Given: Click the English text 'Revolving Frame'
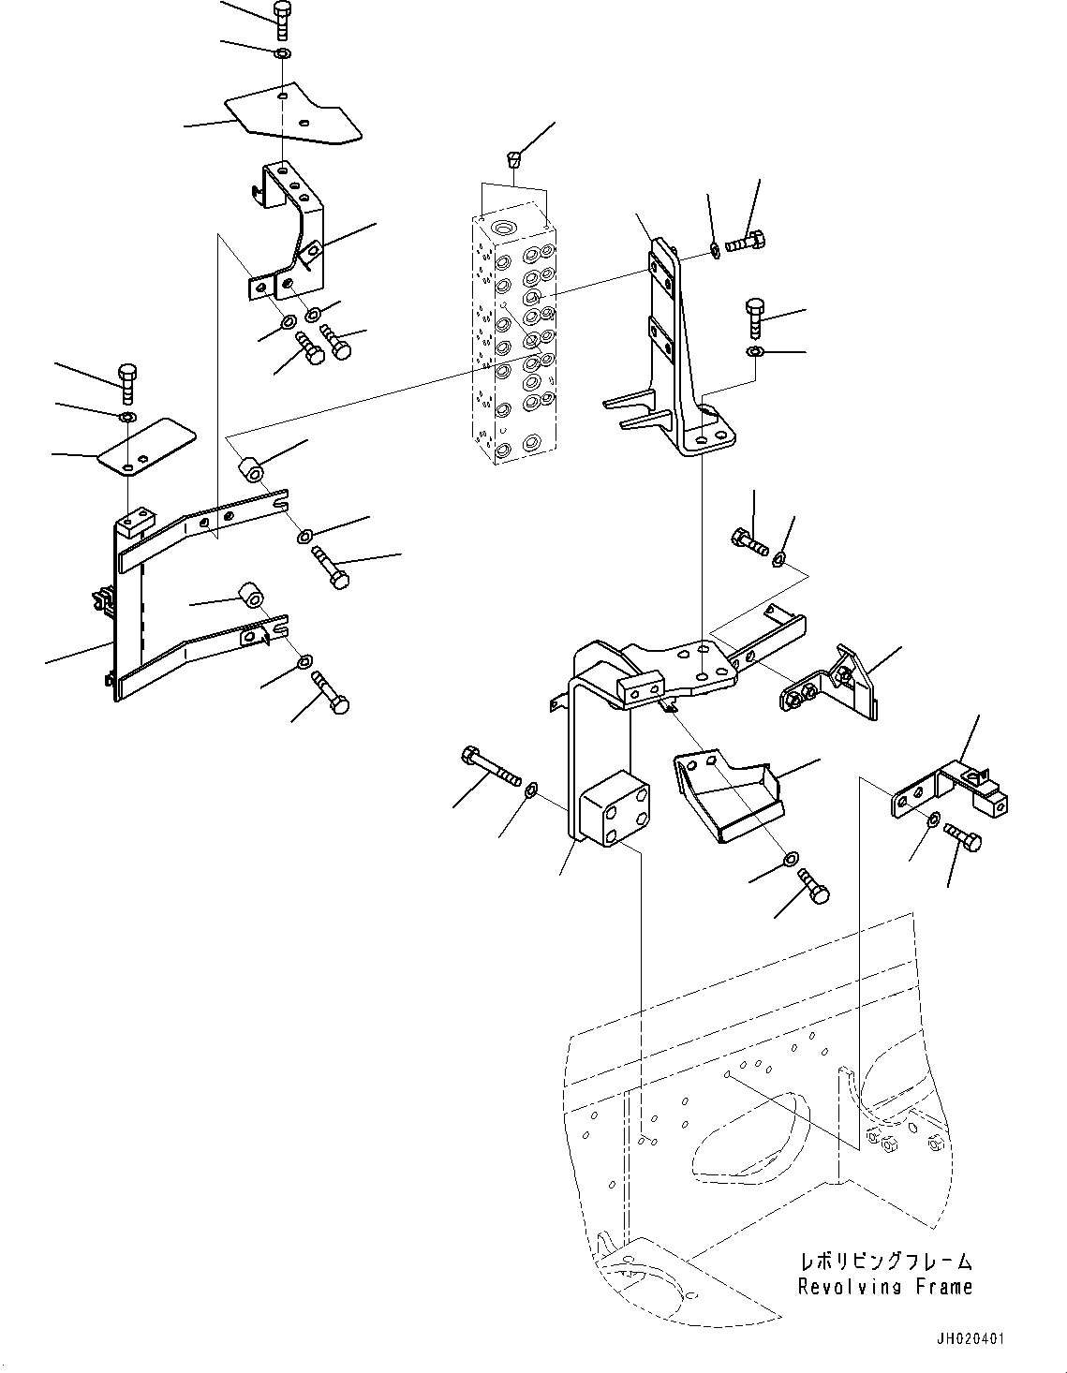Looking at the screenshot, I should (x=884, y=1287).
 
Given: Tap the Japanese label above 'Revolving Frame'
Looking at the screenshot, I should (x=884, y=1262).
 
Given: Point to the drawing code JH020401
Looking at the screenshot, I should (x=966, y=1338).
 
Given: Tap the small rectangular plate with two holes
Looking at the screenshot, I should (x=147, y=447).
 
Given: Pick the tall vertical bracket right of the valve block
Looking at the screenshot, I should (x=679, y=356).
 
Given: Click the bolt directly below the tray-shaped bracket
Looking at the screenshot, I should (x=812, y=885).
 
